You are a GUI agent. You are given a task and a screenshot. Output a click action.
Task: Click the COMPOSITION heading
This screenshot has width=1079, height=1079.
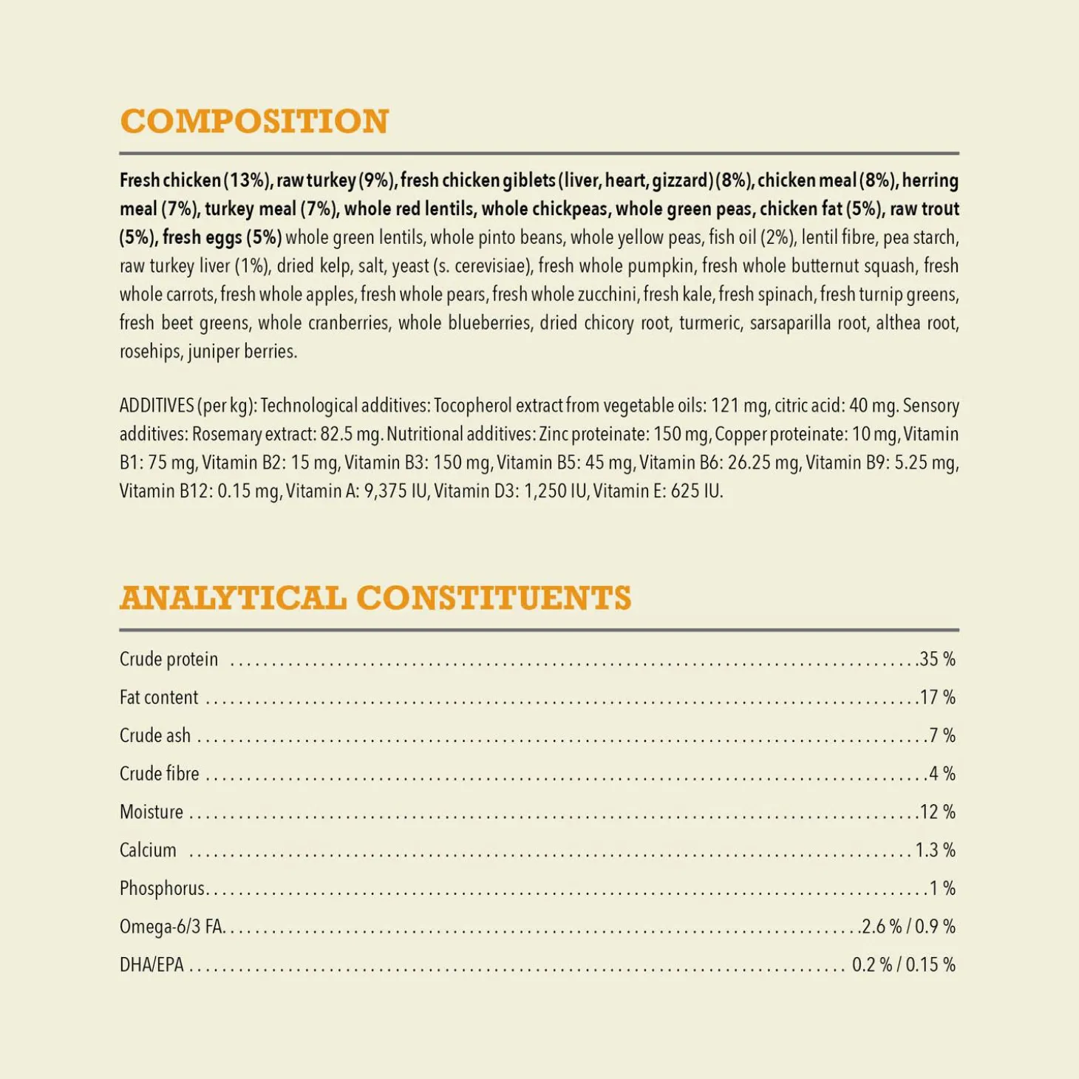pyautogui.click(x=254, y=122)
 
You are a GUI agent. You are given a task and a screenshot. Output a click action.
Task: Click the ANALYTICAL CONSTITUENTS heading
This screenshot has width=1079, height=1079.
pyautogui.click(x=375, y=599)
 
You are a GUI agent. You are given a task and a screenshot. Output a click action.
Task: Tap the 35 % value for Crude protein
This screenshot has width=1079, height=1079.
pyautogui.click(x=937, y=659)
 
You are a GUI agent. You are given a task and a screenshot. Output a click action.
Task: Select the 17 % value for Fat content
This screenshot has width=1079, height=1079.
pyautogui.click(x=937, y=698)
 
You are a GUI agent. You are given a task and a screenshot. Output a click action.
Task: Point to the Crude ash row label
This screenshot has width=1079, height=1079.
pyautogui.click(x=155, y=735)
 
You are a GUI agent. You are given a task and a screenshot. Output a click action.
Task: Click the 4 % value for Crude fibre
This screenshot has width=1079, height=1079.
pyautogui.click(x=942, y=774)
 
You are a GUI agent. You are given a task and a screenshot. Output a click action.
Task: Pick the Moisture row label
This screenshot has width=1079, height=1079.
pyautogui.click(x=152, y=812)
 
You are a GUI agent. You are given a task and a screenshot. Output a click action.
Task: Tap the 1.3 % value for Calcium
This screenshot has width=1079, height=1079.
pyautogui.click(x=935, y=851)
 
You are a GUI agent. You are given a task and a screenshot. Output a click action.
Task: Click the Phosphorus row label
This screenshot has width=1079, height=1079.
pyautogui.click(x=162, y=888)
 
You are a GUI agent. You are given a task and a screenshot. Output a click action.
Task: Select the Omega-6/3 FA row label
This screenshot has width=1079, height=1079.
pyautogui.click(x=171, y=927)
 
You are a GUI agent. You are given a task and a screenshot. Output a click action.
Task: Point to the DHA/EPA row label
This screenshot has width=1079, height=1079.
pyautogui.click(x=152, y=965)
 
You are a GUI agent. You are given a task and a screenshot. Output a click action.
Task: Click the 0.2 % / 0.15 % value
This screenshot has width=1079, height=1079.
pyautogui.click(x=903, y=965)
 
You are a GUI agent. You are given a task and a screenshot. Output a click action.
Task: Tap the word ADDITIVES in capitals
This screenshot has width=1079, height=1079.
pyautogui.click(x=157, y=406)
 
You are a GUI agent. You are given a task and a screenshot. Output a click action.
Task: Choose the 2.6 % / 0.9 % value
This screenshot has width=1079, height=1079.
pyautogui.click(x=908, y=927)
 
